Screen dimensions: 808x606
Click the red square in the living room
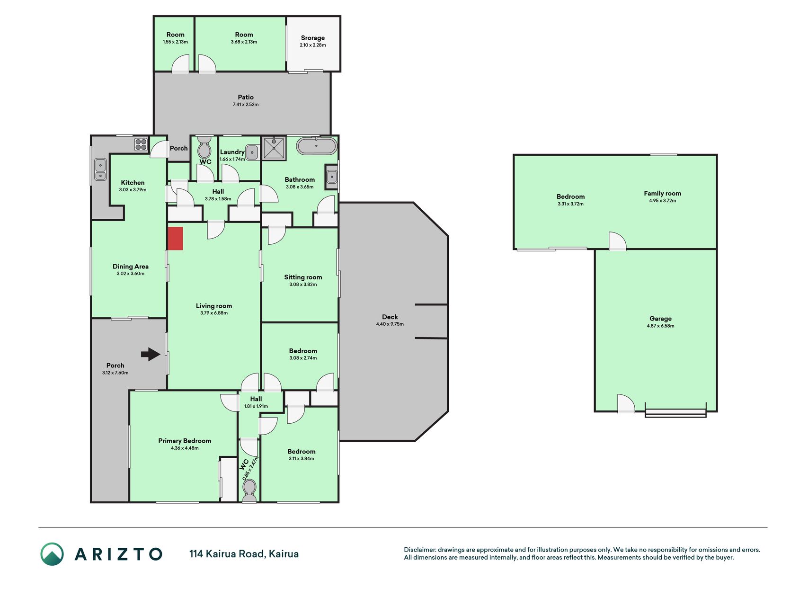tap(175, 239)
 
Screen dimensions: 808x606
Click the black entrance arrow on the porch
tap(151, 354)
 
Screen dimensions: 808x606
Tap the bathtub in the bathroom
tap(317, 146)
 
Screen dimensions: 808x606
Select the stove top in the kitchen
tap(141, 144)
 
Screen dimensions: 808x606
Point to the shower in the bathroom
tap(274, 148)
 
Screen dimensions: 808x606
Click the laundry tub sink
tap(253, 152)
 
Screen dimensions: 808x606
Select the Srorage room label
tap(313, 38)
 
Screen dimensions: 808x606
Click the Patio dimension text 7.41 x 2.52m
tap(246, 105)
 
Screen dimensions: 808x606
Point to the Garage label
tap(660, 319)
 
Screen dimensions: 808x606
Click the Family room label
tap(662, 193)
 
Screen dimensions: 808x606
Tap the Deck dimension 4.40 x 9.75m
tap(390, 324)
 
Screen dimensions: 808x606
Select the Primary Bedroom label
tap(185, 441)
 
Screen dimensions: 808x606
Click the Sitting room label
tap(303, 277)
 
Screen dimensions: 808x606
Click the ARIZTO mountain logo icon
tap(52, 554)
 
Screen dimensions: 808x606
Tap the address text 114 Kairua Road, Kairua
tap(244, 554)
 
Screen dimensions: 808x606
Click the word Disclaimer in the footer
tap(419, 550)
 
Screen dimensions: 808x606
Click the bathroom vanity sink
tap(332, 177)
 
